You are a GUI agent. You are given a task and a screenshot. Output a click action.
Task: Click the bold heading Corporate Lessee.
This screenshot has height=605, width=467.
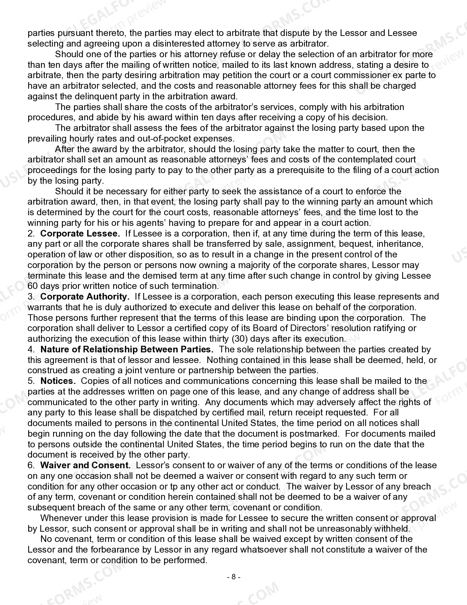[80, 234]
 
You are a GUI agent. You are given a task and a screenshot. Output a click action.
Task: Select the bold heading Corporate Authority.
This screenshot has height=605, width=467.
[85, 297]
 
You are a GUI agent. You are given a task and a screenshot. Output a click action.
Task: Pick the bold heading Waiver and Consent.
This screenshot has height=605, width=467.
[85, 465]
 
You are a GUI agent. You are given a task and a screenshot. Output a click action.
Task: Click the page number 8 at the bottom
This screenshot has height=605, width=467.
[233, 577]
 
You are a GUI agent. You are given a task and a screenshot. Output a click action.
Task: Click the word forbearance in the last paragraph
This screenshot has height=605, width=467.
[83, 550]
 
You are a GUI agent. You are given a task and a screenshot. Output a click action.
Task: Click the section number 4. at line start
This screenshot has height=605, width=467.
[31, 349]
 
